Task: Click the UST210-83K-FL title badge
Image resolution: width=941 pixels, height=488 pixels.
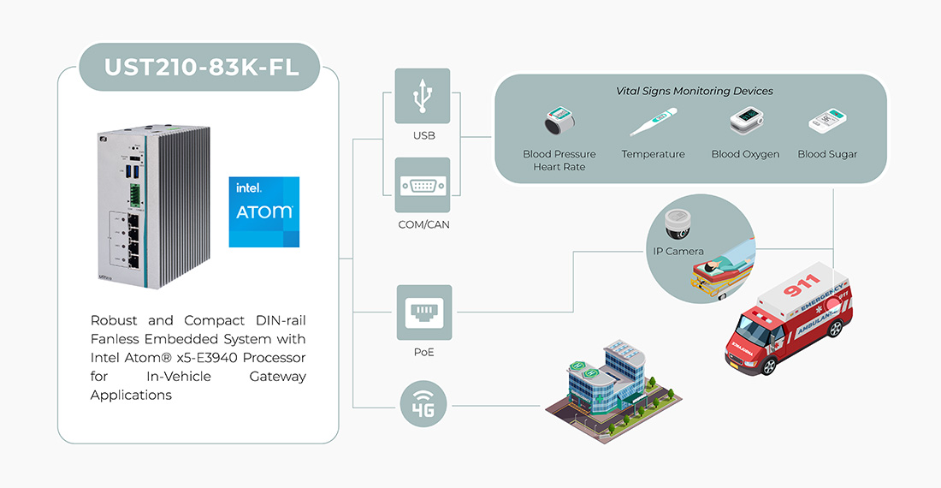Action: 202,66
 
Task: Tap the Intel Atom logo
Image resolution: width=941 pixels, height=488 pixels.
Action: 264,211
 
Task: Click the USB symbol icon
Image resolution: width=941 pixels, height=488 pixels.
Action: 423,97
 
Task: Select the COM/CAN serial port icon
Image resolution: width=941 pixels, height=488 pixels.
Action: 423,185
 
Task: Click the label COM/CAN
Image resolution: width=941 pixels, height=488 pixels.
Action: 423,225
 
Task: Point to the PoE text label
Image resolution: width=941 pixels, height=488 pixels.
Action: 423,352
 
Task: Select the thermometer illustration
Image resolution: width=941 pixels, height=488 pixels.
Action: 654,122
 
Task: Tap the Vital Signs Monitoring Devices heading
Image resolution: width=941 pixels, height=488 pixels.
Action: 694,91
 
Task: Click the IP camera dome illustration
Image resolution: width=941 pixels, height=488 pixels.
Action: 678,223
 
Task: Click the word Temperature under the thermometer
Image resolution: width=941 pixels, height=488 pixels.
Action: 654,154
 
